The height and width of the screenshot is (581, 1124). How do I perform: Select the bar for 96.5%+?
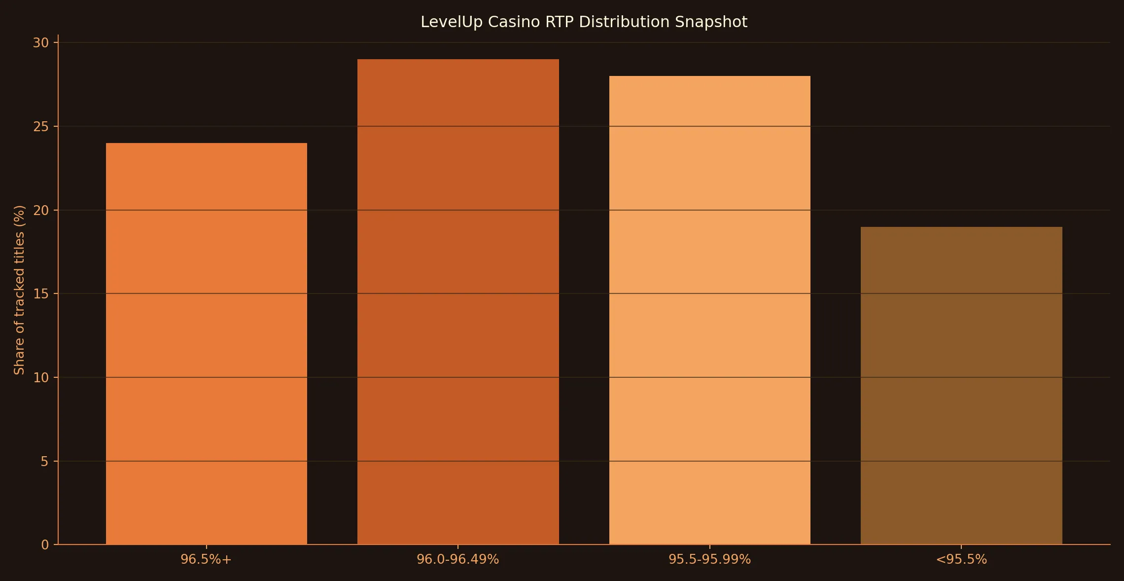click(x=207, y=344)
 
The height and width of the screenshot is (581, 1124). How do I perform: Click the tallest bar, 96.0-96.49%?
click(x=458, y=302)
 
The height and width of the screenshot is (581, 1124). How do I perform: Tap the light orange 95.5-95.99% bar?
click(x=709, y=310)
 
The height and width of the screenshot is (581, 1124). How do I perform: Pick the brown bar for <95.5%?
click(x=961, y=386)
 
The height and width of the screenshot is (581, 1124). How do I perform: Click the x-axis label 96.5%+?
click(x=206, y=559)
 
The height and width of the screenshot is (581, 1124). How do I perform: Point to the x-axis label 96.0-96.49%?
click(x=457, y=559)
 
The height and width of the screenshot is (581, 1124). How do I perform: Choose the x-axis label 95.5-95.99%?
click(x=709, y=559)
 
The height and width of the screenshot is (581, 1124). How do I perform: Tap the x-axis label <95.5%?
click(x=961, y=559)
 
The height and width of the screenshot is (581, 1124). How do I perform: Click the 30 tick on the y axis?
click(x=41, y=43)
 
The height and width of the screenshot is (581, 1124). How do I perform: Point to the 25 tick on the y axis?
click(x=41, y=127)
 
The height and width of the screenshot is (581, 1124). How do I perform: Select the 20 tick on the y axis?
click(x=41, y=211)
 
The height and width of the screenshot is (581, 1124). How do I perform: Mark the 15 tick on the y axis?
click(x=41, y=294)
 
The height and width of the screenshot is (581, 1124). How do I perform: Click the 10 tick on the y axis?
click(x=41, y=378)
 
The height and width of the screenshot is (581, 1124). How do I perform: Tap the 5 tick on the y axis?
click(x=45, y=462)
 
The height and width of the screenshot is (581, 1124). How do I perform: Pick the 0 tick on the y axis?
click(x=45, y=545)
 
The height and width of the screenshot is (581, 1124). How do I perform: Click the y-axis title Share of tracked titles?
click(x=19, y=290)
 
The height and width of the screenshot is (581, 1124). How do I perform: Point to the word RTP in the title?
click(x=560, y=22)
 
